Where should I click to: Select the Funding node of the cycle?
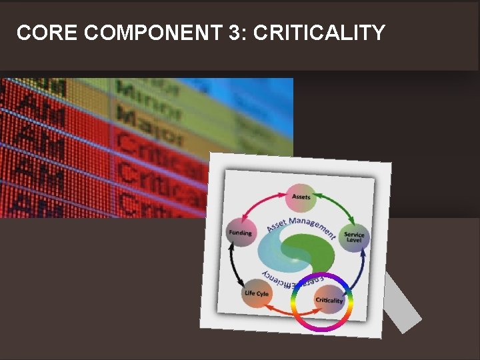pos(241,233)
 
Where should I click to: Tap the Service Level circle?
pos(354,237)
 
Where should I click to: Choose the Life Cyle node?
pos(257,293)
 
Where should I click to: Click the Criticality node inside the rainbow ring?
pos(329,301)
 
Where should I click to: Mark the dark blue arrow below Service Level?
pos(358,270)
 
